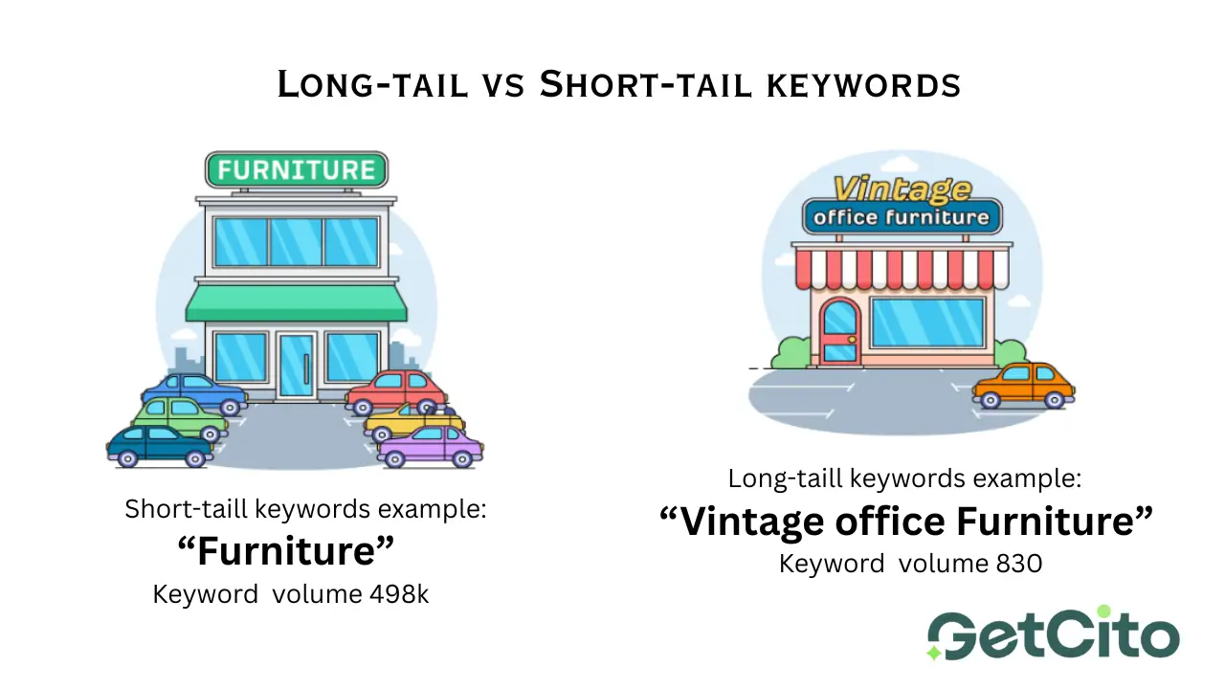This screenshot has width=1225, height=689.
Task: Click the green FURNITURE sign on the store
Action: [x=297, y=170]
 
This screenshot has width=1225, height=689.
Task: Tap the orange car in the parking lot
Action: [x=1023, y=386]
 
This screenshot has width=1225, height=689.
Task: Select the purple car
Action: [x=431, y=447]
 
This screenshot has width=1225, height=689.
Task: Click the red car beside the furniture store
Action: [x=396, y=391]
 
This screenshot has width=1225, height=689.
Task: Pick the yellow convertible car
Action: [x=414, y=422]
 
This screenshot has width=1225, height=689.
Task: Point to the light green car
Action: [x=179, y=418]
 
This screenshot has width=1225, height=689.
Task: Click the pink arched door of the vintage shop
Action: [x=839, y=331]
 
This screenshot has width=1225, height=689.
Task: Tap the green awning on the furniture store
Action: [x=297, y=303]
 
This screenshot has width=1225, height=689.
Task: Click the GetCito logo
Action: [x=1054, y=633]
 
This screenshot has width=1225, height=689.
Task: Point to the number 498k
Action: [x=399, y=594]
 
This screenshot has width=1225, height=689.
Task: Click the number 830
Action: [x=1019, y=564]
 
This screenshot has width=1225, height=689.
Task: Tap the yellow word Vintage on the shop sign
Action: [x=902, y=189]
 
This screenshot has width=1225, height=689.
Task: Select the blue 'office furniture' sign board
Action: [x=902, y=217]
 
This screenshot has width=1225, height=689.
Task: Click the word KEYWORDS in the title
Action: [x=863, y=85]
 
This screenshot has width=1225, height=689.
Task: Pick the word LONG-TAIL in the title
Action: [x=373, y=85]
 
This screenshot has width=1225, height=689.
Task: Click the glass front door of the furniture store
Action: [x=297, y=366]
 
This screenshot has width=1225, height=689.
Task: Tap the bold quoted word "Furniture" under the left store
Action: [x=286, y=550]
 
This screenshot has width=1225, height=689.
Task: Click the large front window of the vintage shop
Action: [x=927, y=322]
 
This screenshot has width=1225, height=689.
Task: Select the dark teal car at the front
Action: [x=160, y=446]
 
